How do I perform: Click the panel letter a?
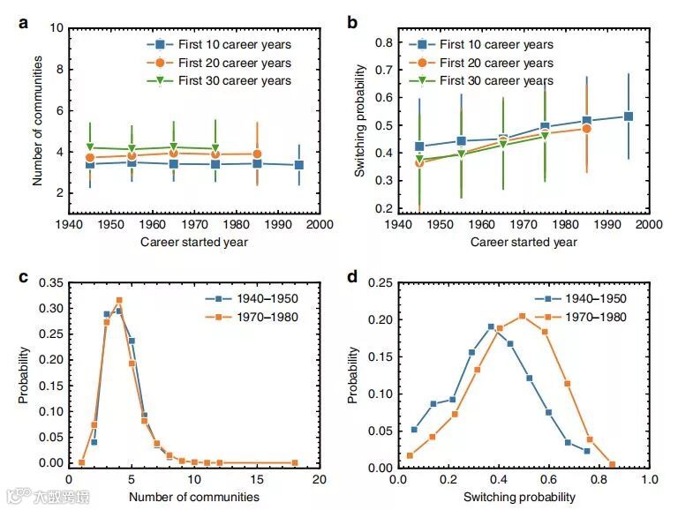(24, 24)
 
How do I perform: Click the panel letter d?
(351, 277)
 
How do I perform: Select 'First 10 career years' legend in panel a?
(233, 45)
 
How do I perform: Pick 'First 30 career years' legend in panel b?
(496, 81)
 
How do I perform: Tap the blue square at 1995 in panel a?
(299, 165)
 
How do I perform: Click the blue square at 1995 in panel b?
(629, 116)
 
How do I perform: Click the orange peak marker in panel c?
(118, 301)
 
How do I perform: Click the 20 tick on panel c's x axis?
(319, 479)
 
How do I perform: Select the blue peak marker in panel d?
(491, 326)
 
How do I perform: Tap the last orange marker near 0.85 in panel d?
(611, 463)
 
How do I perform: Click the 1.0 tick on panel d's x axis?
(649, 479)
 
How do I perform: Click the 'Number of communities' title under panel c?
(194, 497)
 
